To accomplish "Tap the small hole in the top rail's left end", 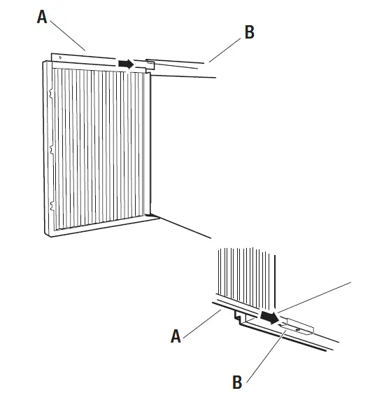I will [61, 57].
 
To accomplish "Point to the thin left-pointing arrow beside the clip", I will [286, 324].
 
